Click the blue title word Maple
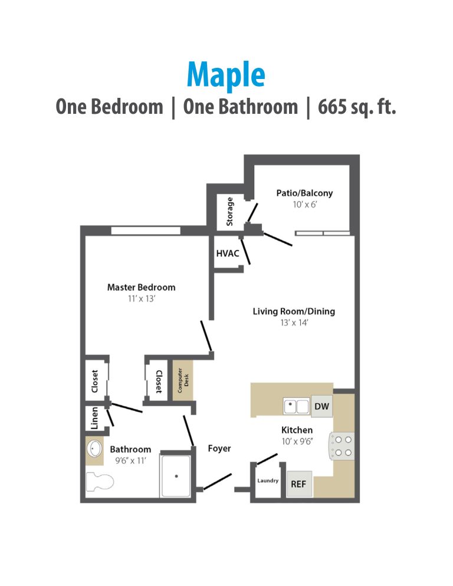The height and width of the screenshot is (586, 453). (226, 74)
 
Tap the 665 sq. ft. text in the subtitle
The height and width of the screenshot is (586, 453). (357, 107)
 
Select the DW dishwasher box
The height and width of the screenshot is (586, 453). (321, 406)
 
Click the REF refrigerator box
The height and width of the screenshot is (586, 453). (298, 484)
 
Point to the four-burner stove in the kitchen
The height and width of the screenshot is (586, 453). (342, 445)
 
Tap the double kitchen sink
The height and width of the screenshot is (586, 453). (296, 406)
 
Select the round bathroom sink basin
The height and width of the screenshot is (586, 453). (94, 450)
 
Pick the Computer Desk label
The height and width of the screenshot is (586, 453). (183, 380)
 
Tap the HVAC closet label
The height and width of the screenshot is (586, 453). (227, 253)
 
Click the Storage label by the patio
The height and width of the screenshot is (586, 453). (230, 211)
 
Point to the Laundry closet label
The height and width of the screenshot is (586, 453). (268, 480)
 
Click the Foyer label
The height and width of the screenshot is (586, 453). (219, 449)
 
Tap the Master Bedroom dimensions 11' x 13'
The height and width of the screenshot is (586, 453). (141, 298)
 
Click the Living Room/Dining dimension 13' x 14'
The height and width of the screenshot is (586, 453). (294, 322)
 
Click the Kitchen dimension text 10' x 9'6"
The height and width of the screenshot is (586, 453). (297, 440)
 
